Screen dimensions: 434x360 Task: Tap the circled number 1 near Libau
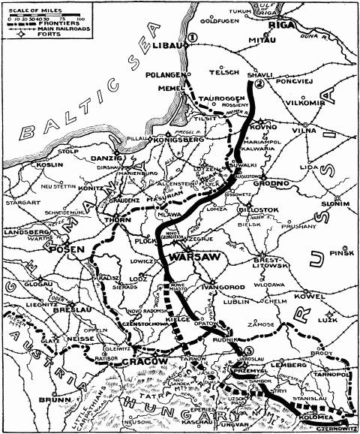click(x=193, y=38)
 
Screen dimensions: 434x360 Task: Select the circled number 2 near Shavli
click(x=258, y=85)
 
